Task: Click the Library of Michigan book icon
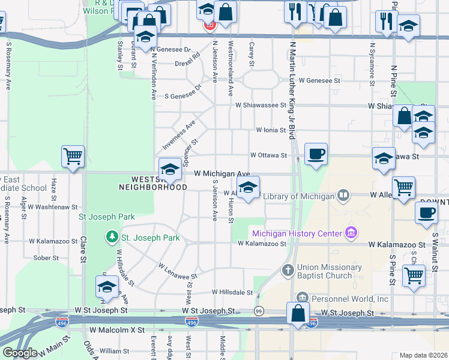343,196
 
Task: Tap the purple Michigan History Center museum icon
352,233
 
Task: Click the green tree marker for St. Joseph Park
112,238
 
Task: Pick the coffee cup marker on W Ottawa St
316,155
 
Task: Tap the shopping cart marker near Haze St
73,157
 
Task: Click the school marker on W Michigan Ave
170,170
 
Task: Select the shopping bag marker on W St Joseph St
298,313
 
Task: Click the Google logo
20,352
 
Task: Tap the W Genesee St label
320,80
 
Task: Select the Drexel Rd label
187,61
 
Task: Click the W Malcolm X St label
118,330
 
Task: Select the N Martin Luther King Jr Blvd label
293,90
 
